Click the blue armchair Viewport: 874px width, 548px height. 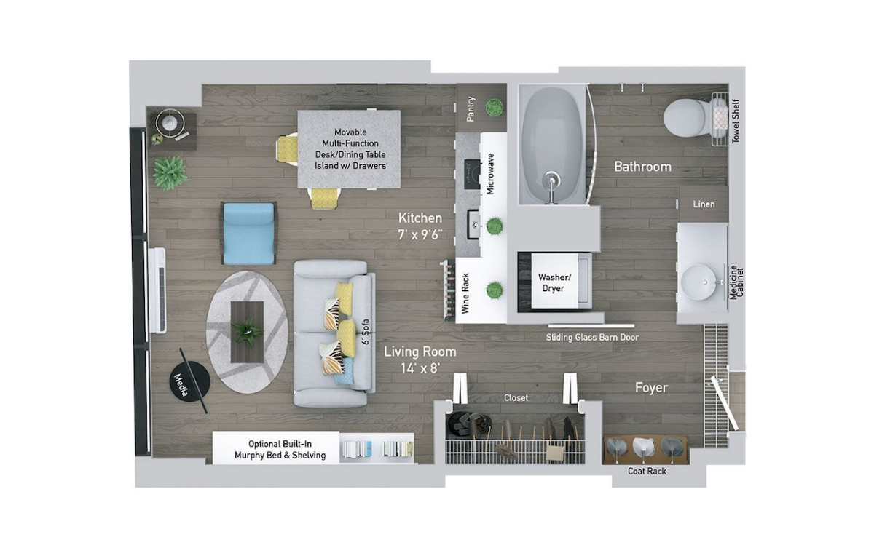249,233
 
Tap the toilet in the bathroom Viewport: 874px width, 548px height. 688,117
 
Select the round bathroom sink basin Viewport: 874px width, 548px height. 698,282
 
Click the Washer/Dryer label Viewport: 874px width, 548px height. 554,282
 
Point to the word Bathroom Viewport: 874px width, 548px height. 642,167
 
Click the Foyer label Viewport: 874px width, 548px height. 651,387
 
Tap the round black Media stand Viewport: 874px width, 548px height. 189,381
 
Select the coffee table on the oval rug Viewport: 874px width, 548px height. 247,332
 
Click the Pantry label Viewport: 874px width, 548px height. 471,108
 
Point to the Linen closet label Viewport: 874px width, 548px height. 704,204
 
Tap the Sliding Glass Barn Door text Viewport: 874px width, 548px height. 592,338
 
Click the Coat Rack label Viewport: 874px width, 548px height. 647,471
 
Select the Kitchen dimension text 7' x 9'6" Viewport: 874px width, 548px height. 420,234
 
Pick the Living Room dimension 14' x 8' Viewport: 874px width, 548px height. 420,368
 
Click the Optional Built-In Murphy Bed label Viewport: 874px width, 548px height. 280,450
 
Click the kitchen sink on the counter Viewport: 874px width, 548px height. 474,225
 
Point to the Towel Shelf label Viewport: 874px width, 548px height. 736,122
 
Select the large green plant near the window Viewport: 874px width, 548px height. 170,173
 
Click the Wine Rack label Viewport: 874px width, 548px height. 465,293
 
